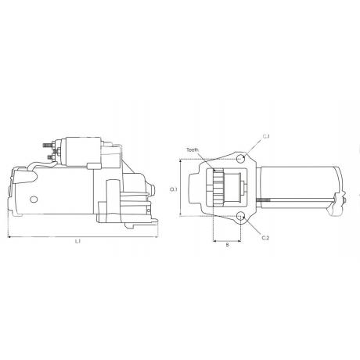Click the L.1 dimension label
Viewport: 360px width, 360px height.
[x=77, y=242]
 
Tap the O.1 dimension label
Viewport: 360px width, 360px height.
[x=174, y=189]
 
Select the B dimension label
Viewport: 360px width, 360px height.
[x=227, y=245]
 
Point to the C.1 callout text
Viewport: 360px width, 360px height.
[x=266, y=136]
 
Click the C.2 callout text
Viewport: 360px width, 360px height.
[x=265, y=238]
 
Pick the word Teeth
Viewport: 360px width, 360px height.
[x=193, y=149]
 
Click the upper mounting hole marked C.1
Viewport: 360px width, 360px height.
[x=240, y=159]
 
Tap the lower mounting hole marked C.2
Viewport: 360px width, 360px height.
[x=240, y=216]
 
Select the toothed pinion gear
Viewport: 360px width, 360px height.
[x=218, y=187]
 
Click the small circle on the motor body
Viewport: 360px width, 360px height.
[x=34, y=200]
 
